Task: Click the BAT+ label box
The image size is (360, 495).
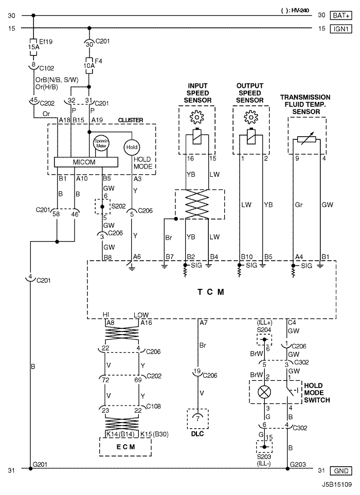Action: pyautogui.click(x=341, y=15)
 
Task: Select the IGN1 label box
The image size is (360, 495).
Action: pyautogui.click(x=341, y=29)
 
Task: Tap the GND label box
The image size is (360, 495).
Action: pyautogui.click(x=341, y=471)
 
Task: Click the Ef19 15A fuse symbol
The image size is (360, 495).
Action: pyautogui.click(x=33, y=47)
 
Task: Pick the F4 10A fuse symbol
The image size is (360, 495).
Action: pyautogui.click(x=89, y=66)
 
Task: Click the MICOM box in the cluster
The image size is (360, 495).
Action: pyautogui.click(x=86, y=162)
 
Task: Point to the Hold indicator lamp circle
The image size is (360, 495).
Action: pyautogui.click(x=132, y=147)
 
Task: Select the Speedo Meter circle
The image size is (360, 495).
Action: pyautogui.click(x=101, y=143)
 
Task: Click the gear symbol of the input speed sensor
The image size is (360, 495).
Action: pyautogui.click(x=197, y=117)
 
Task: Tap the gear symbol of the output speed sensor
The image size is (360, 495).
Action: pyautogui.click(x=251, y=117)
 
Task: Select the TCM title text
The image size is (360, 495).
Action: pyautogui.click(x=211, y=292)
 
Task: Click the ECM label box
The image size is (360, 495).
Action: pyautogui.click(x=125, y=447)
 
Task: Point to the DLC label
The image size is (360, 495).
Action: pyautogui.click(x=197, y=434)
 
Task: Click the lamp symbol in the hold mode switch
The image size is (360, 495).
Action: pyautogui.click(x=264, y=392)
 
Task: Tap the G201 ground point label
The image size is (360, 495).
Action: pyautogui.click(x=40, y=464)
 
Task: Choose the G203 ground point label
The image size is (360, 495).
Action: pyautogui.click(x=298, y=464)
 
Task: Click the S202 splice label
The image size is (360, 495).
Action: pyautogui.click(x=118, y=206)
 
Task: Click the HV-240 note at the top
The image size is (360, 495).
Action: pyautogui.click(x=295, y=10)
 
